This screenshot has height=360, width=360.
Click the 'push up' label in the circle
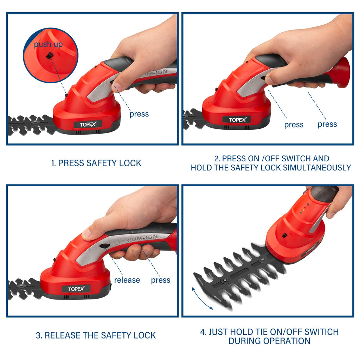48,44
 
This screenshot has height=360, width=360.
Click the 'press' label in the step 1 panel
139,114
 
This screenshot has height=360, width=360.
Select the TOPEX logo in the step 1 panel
88,124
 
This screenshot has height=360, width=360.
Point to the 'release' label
127,280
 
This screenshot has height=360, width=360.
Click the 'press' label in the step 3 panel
161,280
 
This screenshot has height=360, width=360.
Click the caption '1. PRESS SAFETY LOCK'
96,163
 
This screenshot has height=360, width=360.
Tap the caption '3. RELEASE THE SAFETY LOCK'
96,335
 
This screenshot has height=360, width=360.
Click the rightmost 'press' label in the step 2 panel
327,124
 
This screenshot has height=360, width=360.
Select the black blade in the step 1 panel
30,125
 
